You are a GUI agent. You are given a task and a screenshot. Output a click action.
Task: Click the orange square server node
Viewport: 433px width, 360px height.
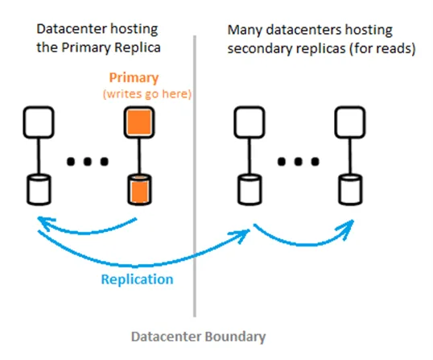[x=138, y=122]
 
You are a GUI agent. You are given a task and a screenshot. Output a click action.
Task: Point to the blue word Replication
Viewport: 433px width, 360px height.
[x=137, y=279]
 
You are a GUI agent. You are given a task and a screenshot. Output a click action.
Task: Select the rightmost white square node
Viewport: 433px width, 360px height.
[x=348, y=122]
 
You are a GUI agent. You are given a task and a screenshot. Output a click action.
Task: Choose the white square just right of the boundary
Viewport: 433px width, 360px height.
[x=247, y=122]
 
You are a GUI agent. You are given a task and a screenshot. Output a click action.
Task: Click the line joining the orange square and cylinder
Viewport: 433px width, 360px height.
[x=138, y=156]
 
